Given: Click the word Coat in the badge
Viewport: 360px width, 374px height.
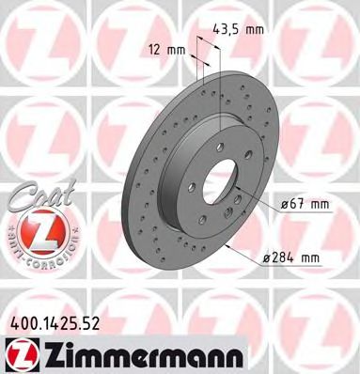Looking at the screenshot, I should click(37, 195).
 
